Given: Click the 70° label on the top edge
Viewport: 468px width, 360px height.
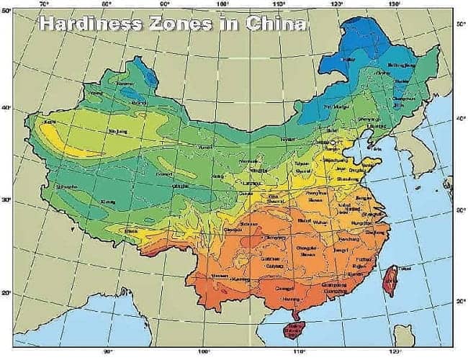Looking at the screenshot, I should point(45,4).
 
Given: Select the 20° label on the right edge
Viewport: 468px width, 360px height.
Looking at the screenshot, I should point(460,303).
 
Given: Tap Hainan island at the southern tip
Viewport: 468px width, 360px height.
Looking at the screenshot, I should point(295,331).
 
